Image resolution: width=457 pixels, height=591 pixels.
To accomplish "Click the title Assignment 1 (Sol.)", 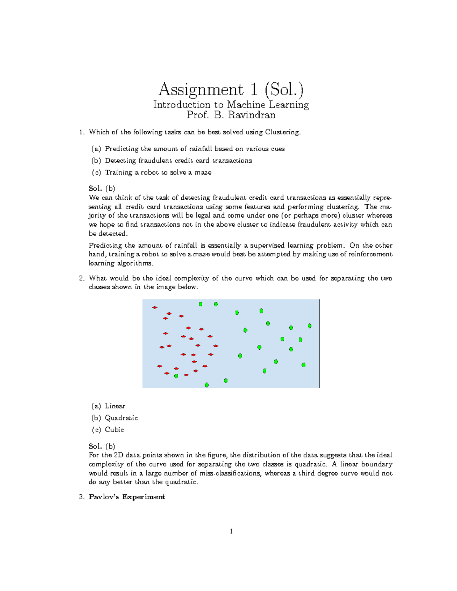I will [x=231, y=90].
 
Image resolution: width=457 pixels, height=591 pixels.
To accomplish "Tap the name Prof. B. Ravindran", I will [x=231, y=115].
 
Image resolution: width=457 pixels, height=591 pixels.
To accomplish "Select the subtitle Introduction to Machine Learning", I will [x=231, y=105].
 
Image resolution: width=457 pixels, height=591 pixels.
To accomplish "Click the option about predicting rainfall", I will [x=195, y=149].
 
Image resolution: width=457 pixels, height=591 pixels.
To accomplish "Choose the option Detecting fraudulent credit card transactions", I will [x=178, y=161].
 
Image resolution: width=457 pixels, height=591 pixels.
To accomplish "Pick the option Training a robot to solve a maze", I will [x=158, y=172].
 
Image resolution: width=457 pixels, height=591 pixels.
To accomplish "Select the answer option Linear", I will [x=115, y=406].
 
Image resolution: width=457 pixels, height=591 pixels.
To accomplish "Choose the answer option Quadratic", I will [x=121, y=418].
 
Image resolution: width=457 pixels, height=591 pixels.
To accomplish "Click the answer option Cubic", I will [x=114, y=430].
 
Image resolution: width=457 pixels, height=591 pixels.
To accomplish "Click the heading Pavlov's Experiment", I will [x=127, y=497].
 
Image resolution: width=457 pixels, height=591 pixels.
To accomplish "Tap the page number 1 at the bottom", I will [x=231, y=531].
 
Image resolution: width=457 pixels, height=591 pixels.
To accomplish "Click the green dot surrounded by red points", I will [x=176, y=376].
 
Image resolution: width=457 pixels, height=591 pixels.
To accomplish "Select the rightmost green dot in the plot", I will [x=310, y=326].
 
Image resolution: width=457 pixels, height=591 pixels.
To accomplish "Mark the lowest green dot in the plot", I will [x=207, y=385].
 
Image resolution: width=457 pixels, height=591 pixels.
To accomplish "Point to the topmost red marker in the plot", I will [x=155, y=307].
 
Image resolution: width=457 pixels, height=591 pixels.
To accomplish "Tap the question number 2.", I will [x=81, y=278].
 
